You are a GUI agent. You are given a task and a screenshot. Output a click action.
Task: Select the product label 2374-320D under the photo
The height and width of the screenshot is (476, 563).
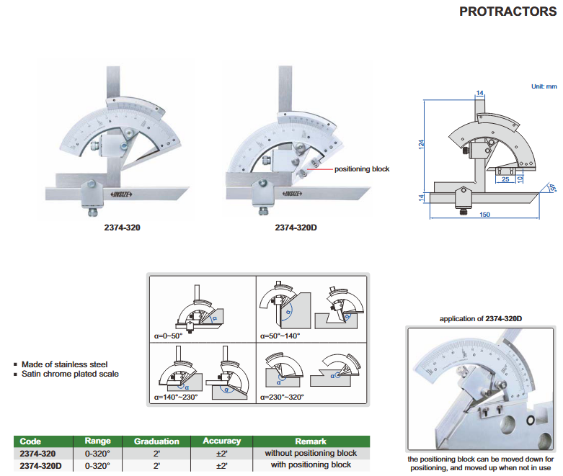(297, 228)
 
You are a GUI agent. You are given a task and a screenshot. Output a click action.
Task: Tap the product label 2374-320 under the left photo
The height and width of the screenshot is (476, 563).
(118, 228)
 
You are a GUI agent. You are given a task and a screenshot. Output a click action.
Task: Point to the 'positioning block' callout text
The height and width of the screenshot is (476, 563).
(361, 169)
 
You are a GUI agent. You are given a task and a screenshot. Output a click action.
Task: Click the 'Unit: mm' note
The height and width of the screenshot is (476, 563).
(544, 86)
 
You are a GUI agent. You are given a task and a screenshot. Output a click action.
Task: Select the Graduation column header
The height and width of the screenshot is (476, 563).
(156, 441)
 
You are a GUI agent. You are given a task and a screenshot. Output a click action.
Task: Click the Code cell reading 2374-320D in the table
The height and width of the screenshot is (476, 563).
(43, 465)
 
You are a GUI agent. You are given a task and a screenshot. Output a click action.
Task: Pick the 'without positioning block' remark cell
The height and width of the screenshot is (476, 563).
(311, 453)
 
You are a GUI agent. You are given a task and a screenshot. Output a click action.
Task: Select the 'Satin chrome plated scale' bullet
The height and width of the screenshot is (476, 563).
(70, 374)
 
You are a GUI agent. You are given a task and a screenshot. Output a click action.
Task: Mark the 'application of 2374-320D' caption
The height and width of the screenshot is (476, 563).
(481, 318)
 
